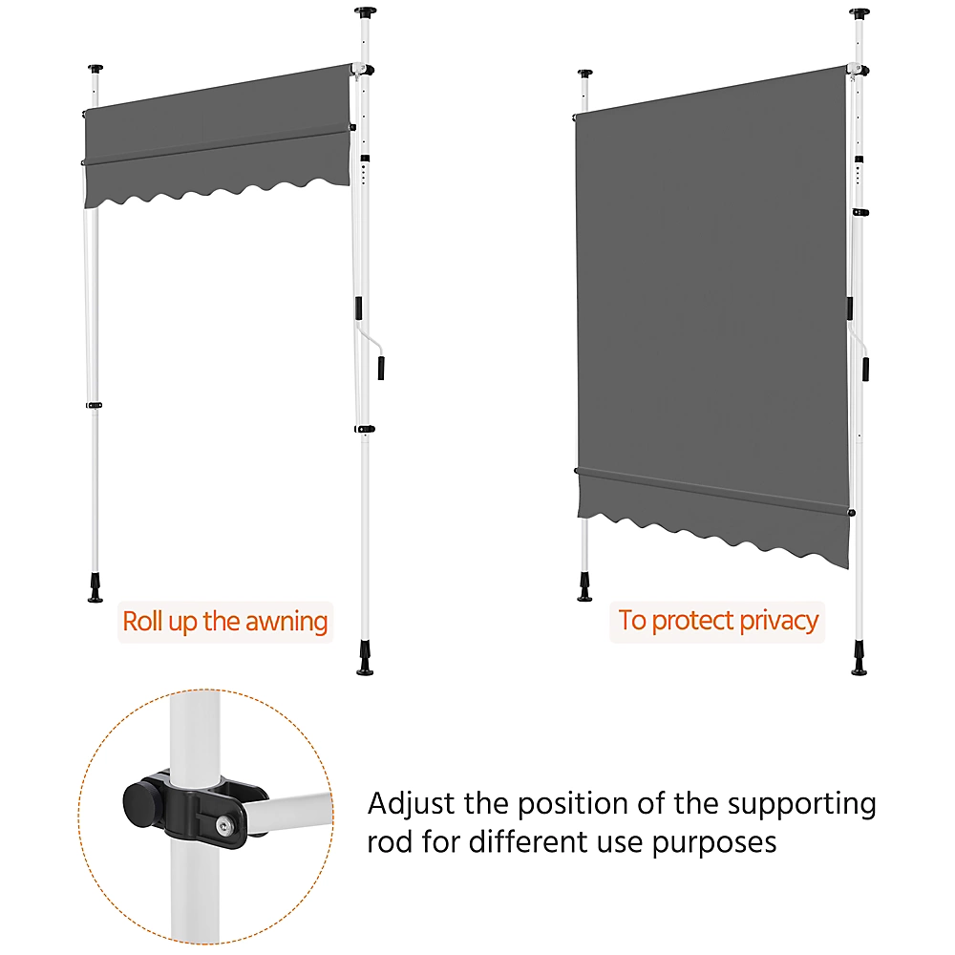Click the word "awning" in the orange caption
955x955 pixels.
point(286,623)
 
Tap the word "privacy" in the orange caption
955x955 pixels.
point(779,622)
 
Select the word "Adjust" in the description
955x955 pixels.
point(411,804)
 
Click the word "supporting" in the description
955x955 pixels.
point(802,804)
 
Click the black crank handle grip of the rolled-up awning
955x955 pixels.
point(381,368)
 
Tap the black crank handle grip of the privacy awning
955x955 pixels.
point(865,369)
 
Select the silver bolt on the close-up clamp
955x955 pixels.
point(224,826)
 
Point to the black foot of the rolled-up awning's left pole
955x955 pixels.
point(95,588)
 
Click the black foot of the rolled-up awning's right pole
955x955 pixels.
point(365,659)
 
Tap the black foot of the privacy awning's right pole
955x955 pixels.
point(859,659)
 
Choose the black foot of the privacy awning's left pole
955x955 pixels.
point(584,587)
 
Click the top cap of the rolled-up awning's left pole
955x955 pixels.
point(95,68)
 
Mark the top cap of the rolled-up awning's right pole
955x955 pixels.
point(366,11)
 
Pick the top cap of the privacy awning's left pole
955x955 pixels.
point(584,74)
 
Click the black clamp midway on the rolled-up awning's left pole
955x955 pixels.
point(94,405)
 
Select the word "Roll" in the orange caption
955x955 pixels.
point(142,622)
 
